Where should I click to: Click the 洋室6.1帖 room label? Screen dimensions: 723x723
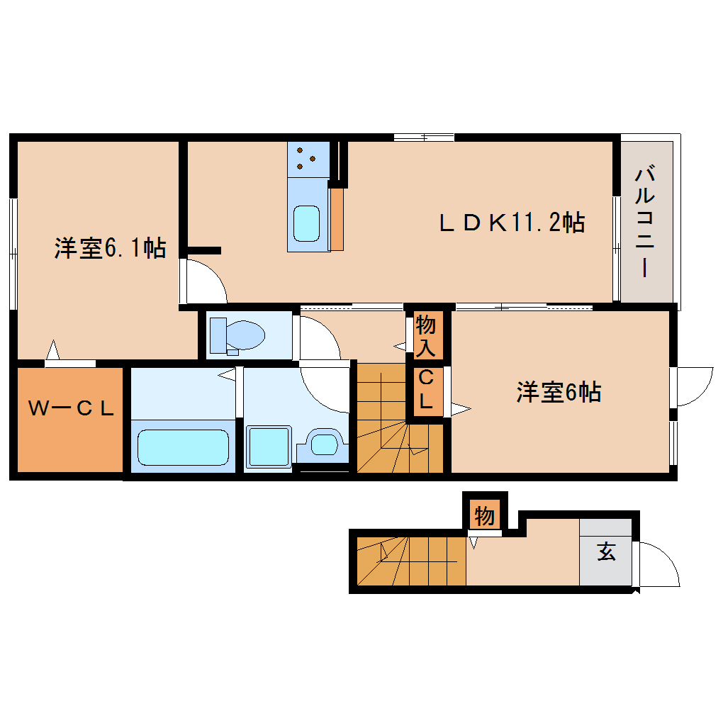(110, 249)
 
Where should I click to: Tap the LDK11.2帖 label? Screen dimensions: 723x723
(512, 223)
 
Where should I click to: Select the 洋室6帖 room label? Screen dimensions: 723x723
(559, 392)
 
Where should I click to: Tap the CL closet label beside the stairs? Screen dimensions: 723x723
(426, 390)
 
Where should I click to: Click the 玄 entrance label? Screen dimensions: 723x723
(606, 551)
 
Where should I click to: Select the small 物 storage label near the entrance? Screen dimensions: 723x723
(485, 516)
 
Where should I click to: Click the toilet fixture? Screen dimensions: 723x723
(238, 334)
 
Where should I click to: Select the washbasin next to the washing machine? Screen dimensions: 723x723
(325, 444)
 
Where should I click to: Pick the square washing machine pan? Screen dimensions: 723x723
(269, 447)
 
